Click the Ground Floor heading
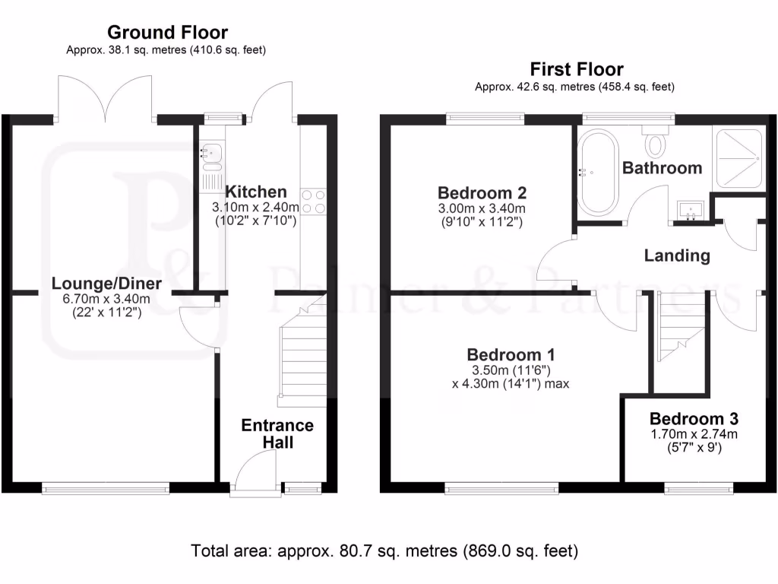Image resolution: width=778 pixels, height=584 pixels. pyautogui.click(x=167, y=32)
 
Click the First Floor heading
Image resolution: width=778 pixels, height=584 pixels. pyautogui.click(x=577, y=69)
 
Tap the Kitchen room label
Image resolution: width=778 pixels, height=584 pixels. pyautogui.click(x=255, y=192)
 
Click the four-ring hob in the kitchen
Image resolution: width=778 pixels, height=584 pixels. pyautogui.click(x=314, y=202)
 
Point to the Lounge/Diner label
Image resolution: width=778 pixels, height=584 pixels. pyautogui.click(x=106, y=284)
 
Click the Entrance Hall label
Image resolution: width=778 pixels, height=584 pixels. pyautogui.click(x=277, y=433)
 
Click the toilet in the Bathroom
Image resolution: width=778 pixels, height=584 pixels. pyautogui.click(x=655, y=141)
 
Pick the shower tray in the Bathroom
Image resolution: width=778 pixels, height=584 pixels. pyautogui.click(x=736, y=156)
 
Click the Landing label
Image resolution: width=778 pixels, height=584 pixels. pyautogui.click(x=677, y=255)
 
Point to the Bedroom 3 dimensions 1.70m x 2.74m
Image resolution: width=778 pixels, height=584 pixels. pyautogui.click(x=693, y=434)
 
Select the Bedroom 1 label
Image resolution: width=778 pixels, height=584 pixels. pyautogui.click(x=511, y=354)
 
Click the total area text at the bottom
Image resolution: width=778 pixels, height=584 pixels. pyautogui.click(x=384, y=550)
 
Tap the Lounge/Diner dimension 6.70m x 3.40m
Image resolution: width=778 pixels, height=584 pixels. pyautogui.click(x=106, y=298)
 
